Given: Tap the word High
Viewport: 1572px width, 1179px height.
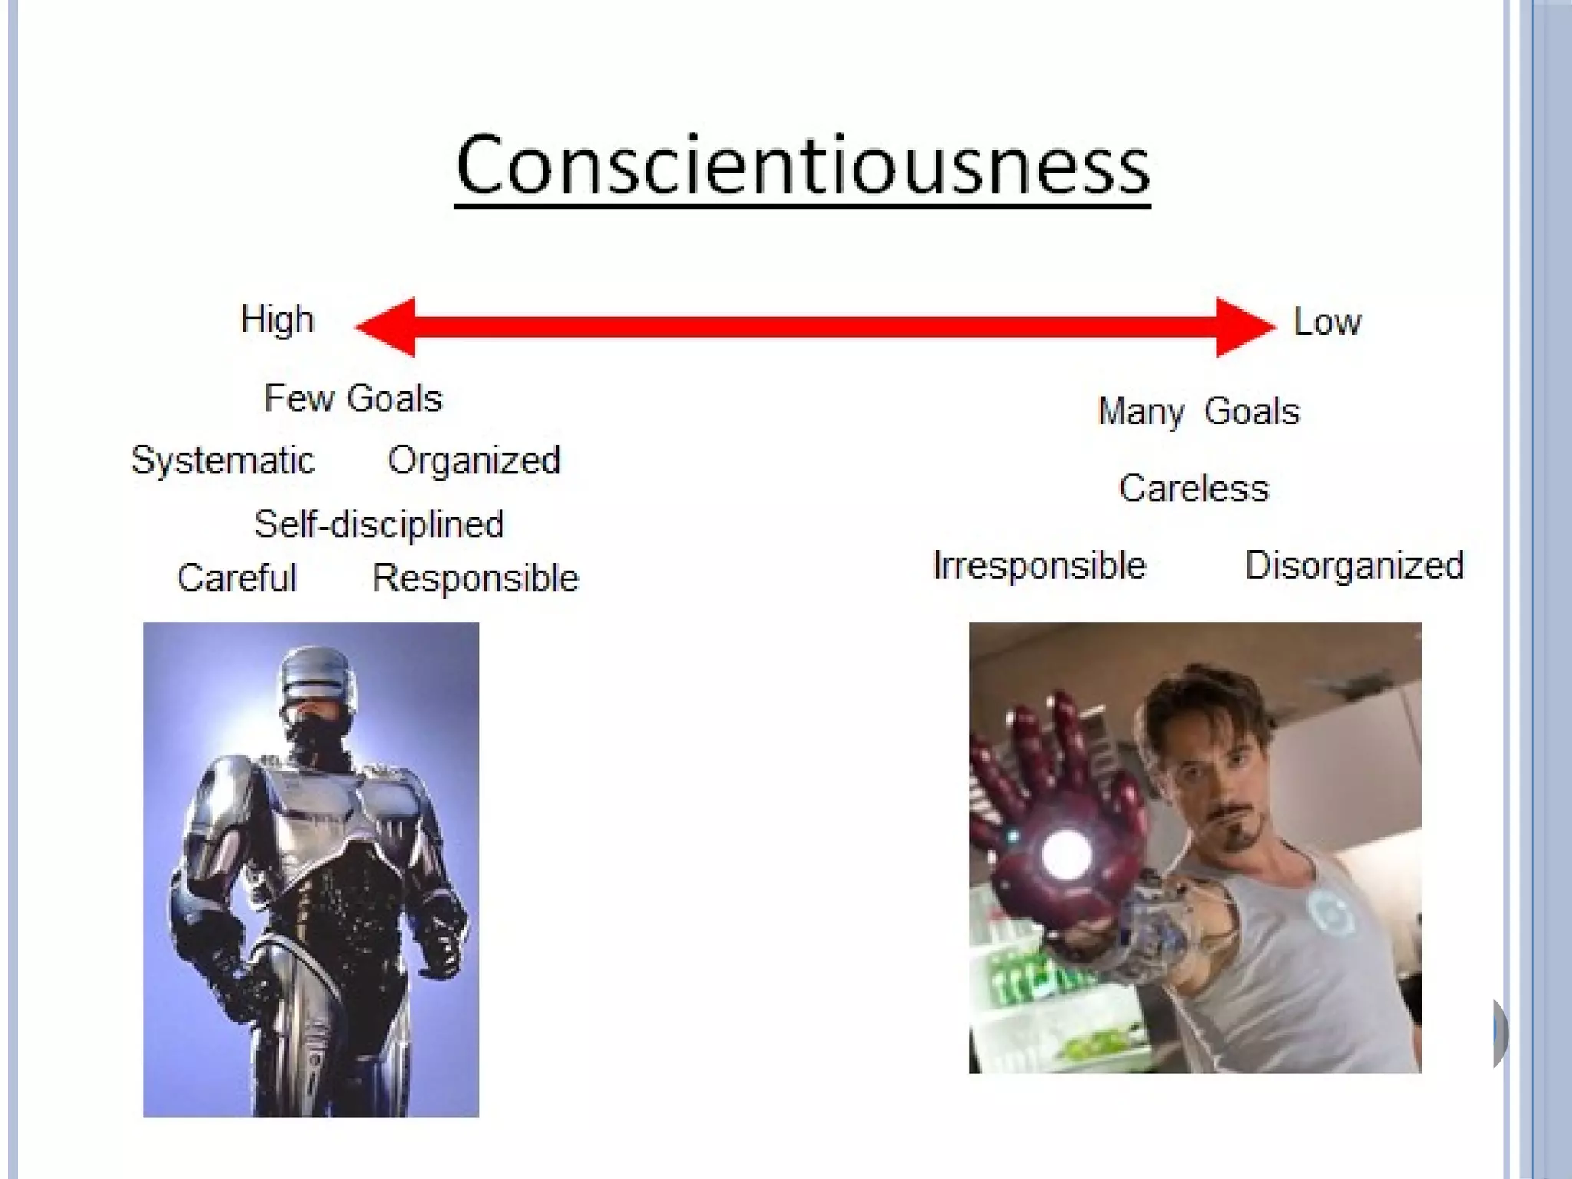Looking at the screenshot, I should [277, 320].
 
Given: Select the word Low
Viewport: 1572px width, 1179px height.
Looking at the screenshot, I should [1327, 322].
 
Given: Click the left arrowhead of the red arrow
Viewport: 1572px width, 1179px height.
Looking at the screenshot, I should [388, 327].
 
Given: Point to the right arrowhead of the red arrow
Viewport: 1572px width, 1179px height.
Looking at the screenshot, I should [1243, 327].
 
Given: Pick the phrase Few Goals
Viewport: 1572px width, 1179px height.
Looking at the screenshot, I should [353, 399].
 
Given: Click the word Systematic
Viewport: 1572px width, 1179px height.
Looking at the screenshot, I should [223, 461].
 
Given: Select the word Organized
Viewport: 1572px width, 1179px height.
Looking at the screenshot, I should [474, 461].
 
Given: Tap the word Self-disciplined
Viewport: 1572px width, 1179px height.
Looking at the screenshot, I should [378, 525].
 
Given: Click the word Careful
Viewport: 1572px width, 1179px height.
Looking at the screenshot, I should [236, 578].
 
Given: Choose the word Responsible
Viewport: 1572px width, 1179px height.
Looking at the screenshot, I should [475, 578].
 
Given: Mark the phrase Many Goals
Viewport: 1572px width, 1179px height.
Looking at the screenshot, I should [1199, 412].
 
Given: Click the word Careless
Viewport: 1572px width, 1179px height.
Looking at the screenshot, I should [1194, 488].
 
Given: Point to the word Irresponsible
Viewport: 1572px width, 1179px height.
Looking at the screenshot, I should [1039, 566].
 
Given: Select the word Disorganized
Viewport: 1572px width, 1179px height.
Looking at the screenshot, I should [1354, 566].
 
